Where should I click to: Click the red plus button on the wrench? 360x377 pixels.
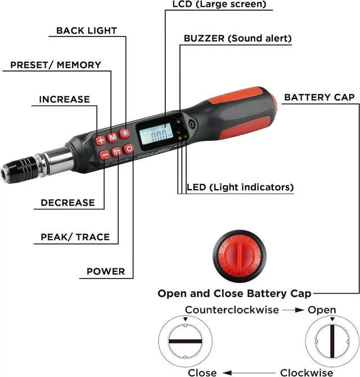point(101,140)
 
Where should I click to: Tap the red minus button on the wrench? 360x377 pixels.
point(105,154)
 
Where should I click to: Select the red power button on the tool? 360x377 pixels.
point(129,149)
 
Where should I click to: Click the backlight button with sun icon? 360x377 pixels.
point(124,134)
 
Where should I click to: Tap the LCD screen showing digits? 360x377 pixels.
point(156,134)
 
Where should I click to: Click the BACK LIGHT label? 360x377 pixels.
point(86,30)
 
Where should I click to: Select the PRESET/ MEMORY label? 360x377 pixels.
point(56,65)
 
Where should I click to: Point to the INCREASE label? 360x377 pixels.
point(64,100)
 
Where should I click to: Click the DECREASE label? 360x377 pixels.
point(67,203)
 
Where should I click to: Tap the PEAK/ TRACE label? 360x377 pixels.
point(75,237)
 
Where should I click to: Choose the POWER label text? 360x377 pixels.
point(106,271)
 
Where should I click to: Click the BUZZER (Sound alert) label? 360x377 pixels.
point(237,39)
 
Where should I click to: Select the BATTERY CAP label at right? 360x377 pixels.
point(319,97)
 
